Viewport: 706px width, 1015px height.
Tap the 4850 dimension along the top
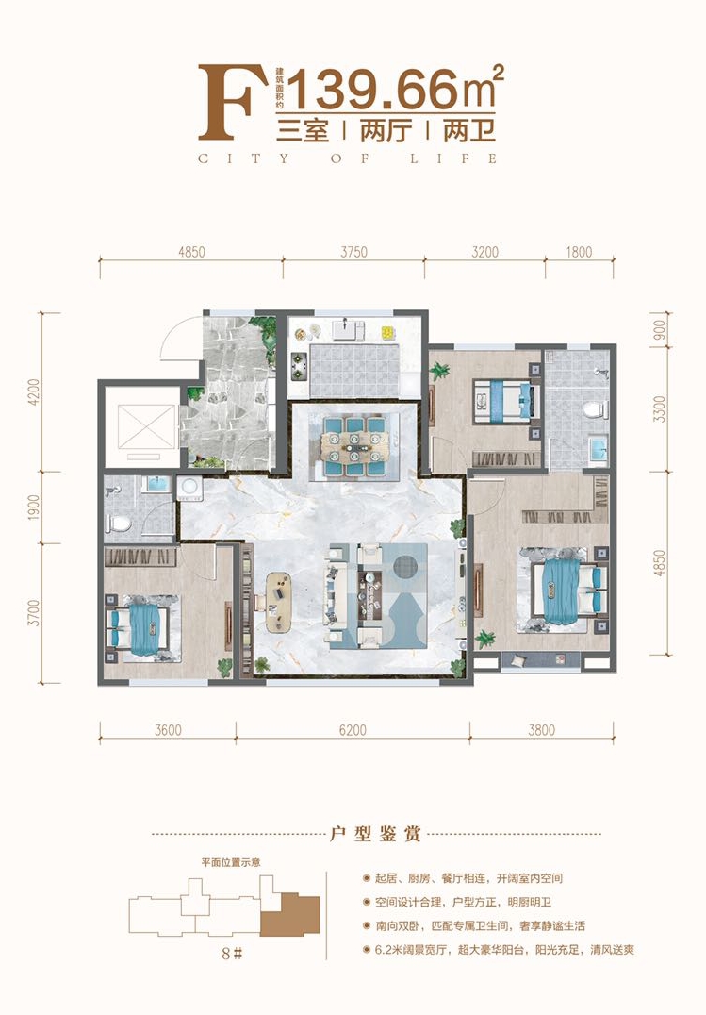(x=191, y=252)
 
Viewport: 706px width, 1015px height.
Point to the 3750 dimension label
(x=354, y=252)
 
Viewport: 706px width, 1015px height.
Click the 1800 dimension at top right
(x=579, y=252)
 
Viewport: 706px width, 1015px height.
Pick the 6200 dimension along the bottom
(x=353, y=730)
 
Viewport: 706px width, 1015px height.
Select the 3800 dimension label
(x=542, y=730)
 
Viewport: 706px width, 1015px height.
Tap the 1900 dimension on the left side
(x=34, y=507)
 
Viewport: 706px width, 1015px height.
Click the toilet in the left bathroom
(x=120, y=522)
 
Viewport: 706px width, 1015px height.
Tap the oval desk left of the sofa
(x=278, y=602)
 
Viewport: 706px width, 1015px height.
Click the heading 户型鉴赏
(x=375, y=833)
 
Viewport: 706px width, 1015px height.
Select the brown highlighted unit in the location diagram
(x=290, y=915)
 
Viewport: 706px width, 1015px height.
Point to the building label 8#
(x=231, y=953)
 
